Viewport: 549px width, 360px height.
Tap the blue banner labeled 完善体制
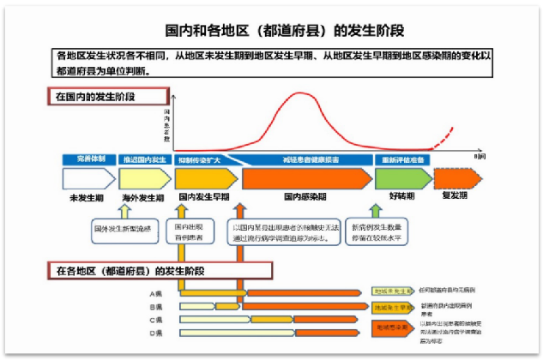pyautogui.click(x=88, y=160)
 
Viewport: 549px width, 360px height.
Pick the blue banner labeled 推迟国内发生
pyautogui.click(x=142, y=160)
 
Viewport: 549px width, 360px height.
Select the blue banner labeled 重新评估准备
pyautogui.click(x=403, y=160)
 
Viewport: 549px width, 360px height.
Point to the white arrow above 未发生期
pyautogui.click(x=87, y=178)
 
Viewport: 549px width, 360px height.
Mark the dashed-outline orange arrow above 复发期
pyautogui.click(x=455, y=178)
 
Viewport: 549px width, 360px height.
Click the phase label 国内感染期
pyautogui.click(x=304, y=196)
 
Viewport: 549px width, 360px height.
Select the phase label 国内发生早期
pyautogui.click(x=203, y=196)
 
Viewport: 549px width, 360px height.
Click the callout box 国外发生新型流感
pyautogui.click(x=121, y=229)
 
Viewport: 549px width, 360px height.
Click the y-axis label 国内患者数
pyautogui.click(x=166, y=124)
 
